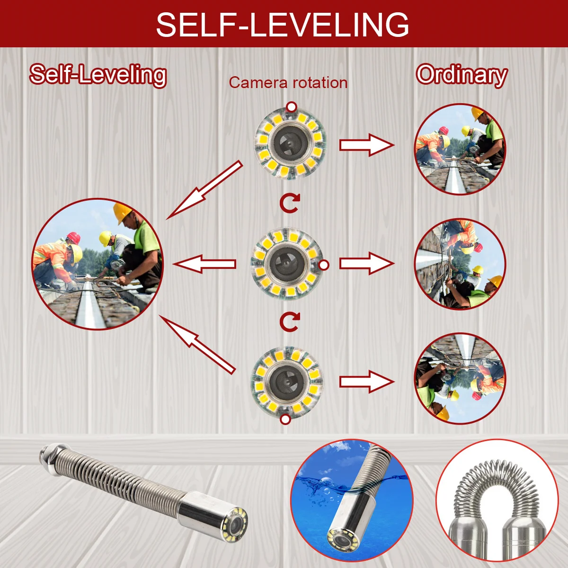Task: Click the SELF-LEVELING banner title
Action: [x=283, y=24]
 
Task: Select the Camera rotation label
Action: [x=288, y=83]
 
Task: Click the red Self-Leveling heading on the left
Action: [x=98, y=75]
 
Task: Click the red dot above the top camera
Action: [x=292, y=106]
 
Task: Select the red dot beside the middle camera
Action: [x=324, y=265]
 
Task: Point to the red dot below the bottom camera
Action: [x=285, y=419]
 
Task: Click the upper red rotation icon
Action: [x=289, y=203]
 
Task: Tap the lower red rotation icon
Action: [x=289, y=322]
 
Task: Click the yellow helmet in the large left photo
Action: [x=122, y=213]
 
